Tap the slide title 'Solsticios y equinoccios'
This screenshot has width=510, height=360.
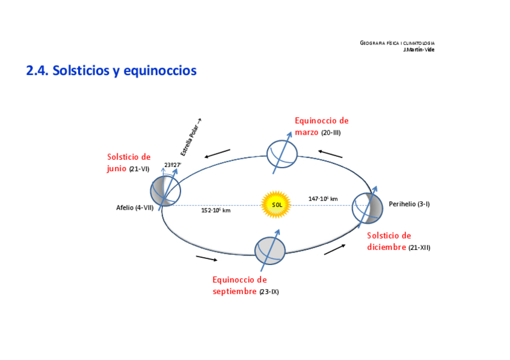(111, 71)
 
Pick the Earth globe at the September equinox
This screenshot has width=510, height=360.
(269, 251)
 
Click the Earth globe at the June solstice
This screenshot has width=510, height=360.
(165, 191)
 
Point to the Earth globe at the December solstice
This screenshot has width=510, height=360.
(367, 207)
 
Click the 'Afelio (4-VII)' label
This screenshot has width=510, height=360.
(135, 208)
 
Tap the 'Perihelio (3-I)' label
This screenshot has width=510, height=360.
(409, 204)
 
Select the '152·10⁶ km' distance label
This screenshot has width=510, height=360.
(216, 210)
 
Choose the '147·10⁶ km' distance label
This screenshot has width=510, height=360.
(323, 199)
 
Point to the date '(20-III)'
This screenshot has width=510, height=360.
(331, 133)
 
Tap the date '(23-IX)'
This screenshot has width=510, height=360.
(269, 292)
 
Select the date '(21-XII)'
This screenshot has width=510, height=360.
(419, 248)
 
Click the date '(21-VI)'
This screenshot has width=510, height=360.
(139, 169)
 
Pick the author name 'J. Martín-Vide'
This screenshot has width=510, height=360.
(419, 49)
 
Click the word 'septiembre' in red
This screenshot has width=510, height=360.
(235, 291)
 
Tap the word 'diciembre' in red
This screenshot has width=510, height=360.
(387, 247)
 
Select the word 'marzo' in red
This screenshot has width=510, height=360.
(307, 132)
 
